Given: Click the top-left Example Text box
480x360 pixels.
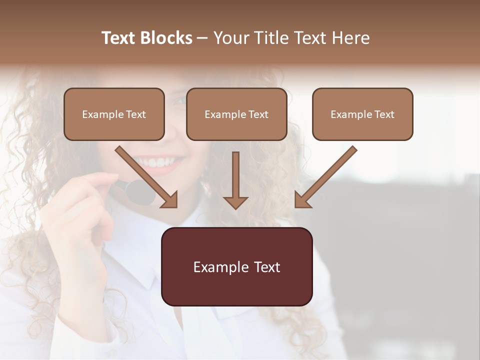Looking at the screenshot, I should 114,114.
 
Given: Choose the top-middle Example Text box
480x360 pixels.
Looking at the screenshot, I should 236,114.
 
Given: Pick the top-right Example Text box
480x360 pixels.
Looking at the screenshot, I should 362,114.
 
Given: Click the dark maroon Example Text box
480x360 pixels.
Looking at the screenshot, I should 236,266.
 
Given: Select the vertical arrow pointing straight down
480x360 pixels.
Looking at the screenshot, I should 235,180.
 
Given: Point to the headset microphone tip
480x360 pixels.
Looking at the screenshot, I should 140,192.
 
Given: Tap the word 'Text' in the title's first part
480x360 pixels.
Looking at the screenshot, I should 119,38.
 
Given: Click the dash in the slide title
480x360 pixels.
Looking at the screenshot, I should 202,38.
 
